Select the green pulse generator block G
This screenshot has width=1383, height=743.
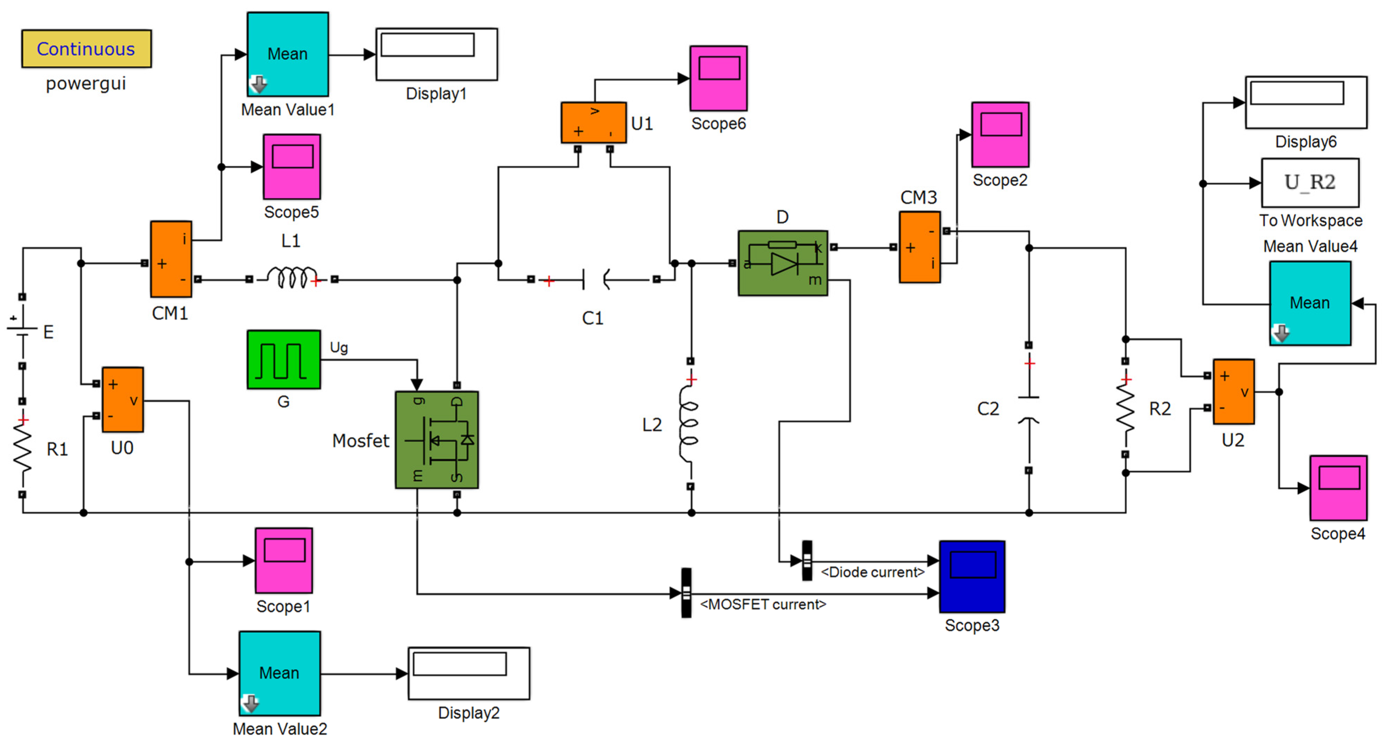[283, 360]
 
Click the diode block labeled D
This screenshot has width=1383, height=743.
[782, 263]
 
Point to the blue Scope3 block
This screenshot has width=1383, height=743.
[972, 576]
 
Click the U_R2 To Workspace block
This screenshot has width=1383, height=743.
[1310, 183]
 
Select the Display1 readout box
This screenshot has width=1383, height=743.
[436, 54]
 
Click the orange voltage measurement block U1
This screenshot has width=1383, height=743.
[593, 122]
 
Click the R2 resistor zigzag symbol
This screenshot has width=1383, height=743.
[1125, 408]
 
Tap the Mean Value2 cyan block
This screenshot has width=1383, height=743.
[279, 673]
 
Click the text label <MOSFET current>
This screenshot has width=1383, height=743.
[762, 604]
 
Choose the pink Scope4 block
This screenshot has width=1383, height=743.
[1338, 488]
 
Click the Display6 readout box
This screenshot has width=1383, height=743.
[1306, 102]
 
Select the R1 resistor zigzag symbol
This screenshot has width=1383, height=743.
[23, 448]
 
